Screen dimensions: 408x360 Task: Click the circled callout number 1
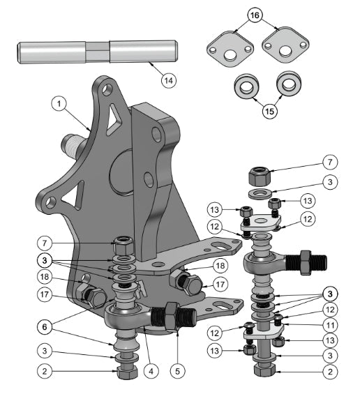[x=60, y=104]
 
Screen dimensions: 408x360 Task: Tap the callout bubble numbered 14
[x=167, y=80]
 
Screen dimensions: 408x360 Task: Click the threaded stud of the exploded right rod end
[x=312, y=264]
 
